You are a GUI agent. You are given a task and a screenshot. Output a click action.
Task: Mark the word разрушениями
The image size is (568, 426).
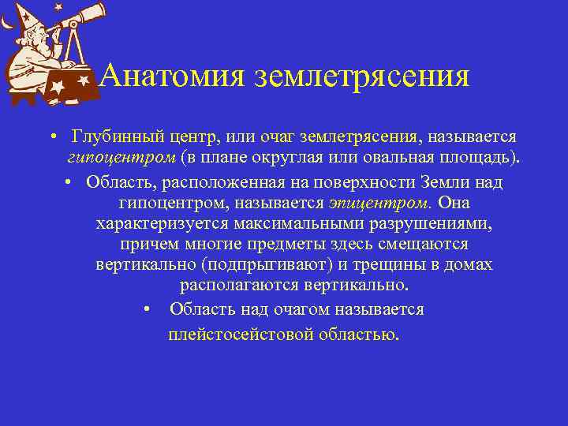[428, 223]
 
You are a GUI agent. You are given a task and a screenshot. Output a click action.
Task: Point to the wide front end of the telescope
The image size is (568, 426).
[98, 9]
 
